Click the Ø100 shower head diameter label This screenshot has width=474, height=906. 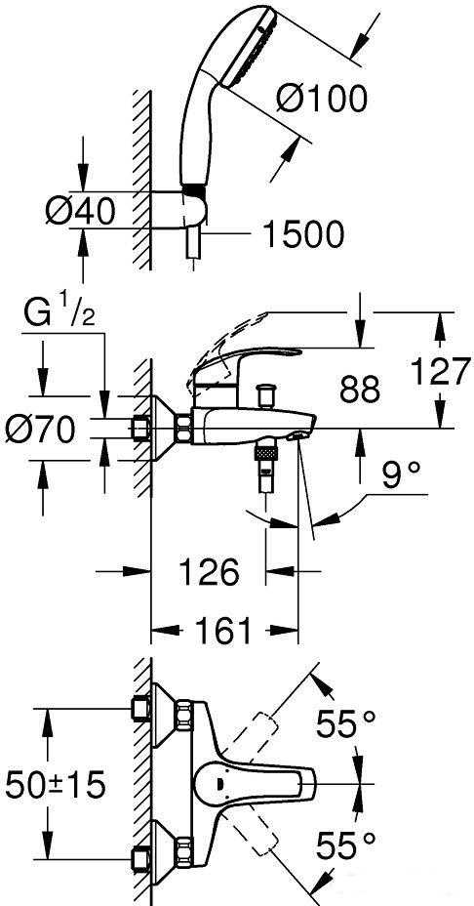[322, 99]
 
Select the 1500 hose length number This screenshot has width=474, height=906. [303, 234]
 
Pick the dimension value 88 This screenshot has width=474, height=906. [359, 390]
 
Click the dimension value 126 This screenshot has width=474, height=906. [209, 572]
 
